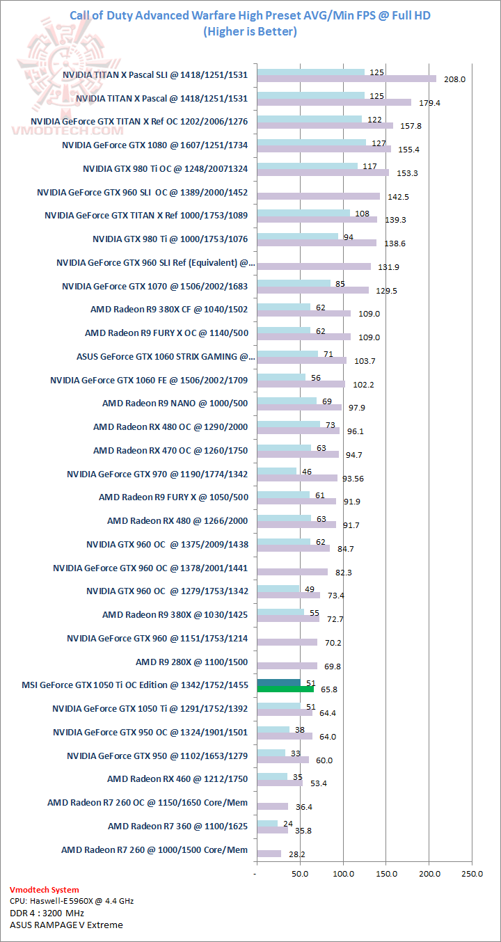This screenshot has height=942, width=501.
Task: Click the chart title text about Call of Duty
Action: coord(250,15)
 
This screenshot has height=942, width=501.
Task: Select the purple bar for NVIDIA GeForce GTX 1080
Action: coord(324,149)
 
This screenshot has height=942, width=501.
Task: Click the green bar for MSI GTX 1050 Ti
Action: coord(285,689)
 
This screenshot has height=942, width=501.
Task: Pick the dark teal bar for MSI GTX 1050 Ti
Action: coord(278,682)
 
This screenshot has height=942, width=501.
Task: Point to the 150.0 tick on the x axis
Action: coord(386,874)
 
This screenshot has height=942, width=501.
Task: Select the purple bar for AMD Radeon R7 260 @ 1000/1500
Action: coord(269,854)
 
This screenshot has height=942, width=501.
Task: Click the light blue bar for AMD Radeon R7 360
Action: coord(267,823)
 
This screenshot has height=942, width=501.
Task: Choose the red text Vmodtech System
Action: coord(45,890)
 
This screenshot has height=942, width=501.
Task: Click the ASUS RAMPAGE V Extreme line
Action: coord(66,925)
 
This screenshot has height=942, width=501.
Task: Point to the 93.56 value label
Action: coord(358,478)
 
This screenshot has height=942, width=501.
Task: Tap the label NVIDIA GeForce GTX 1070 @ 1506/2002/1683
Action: coord(155,286)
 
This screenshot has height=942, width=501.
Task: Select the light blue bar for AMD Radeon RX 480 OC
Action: coord(289,424)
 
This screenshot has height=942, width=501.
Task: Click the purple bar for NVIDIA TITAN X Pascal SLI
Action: coord(347,79)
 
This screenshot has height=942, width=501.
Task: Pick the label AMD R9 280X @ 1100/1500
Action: coord(191,662)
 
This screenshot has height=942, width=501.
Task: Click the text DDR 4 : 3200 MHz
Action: coord(47,913)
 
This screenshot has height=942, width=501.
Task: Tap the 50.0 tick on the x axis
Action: coord(300,874)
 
